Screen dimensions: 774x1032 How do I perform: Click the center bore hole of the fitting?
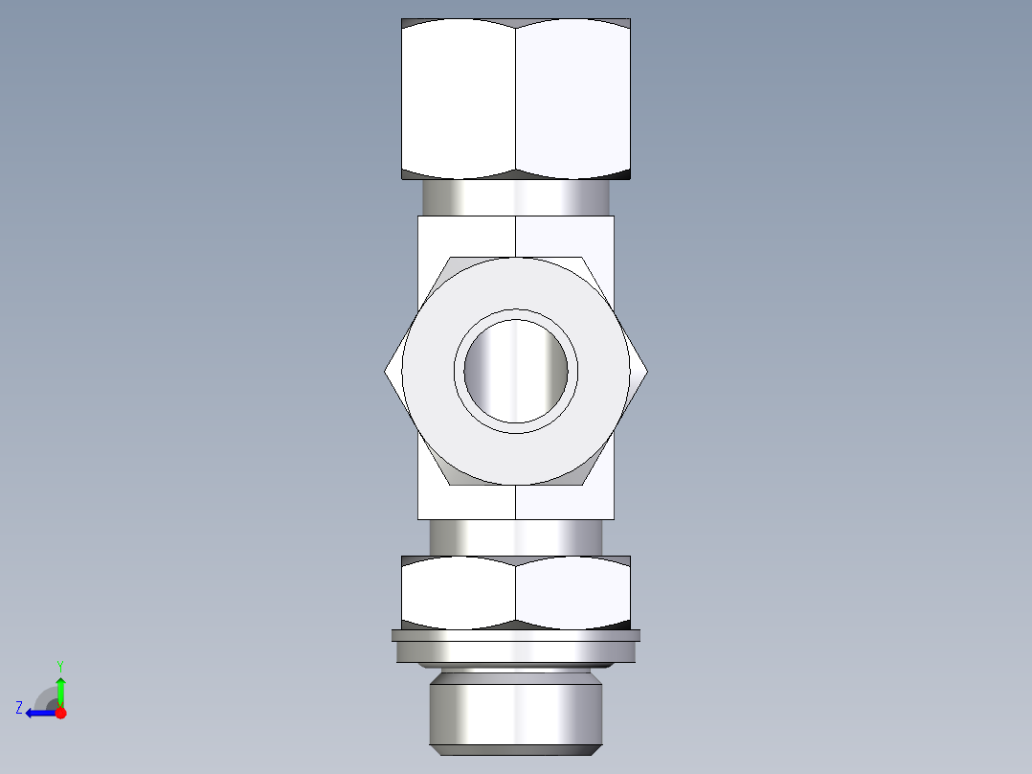click(516, 370)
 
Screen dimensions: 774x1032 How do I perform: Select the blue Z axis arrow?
click(38, 713)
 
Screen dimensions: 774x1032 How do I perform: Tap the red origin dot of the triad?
click(60, 713)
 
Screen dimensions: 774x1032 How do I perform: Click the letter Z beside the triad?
click(19, 707)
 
